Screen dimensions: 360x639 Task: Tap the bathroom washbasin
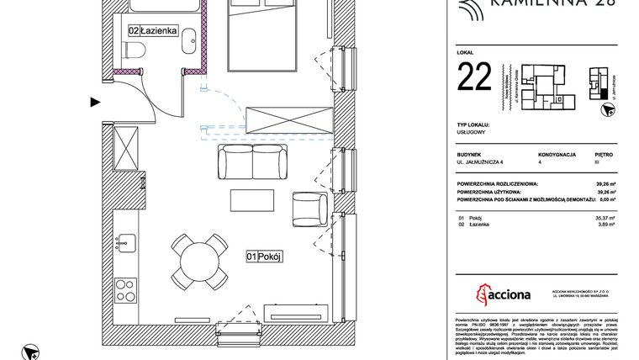[189, 39]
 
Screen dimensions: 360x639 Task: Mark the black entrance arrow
[95, 103]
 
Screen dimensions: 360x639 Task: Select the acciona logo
[504, 292]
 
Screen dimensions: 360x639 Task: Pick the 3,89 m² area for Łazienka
[605, 225]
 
